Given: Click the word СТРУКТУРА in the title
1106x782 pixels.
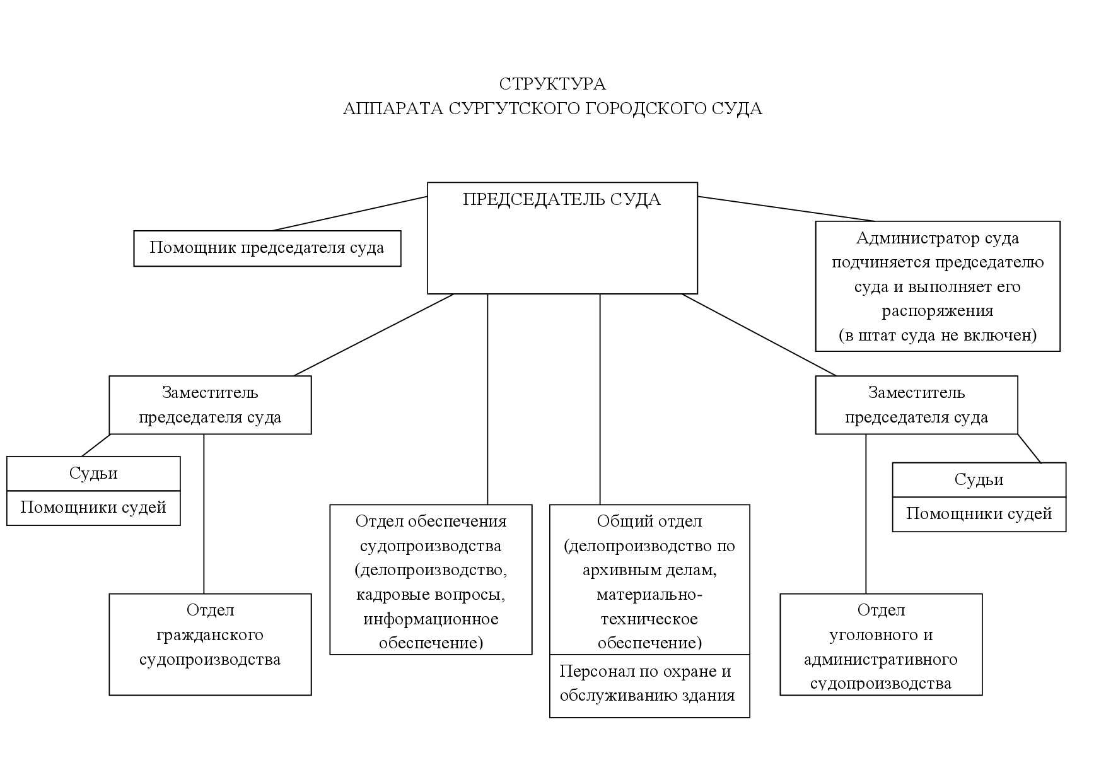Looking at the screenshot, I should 552,84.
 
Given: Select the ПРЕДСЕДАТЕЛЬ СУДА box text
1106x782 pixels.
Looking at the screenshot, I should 562,200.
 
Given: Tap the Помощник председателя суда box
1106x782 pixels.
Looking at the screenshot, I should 267,248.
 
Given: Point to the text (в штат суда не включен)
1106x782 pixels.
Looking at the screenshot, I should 937,335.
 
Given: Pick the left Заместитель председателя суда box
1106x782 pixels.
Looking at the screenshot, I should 210,405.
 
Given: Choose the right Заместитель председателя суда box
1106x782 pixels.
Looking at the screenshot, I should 916,405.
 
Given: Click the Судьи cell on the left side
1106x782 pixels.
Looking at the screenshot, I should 93,474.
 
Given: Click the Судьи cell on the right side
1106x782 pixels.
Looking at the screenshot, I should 979,480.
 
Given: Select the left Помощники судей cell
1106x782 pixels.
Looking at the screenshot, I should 93,508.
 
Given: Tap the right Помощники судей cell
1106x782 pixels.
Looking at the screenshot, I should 979,514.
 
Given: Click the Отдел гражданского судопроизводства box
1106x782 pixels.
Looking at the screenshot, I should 210,644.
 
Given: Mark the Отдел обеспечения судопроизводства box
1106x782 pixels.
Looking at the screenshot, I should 431,579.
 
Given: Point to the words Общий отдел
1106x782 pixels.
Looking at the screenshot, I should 649,522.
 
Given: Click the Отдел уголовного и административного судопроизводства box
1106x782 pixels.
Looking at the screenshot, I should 881,644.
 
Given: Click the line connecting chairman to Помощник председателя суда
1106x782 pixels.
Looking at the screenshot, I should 350,214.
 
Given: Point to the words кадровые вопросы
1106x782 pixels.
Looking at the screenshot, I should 431,595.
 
